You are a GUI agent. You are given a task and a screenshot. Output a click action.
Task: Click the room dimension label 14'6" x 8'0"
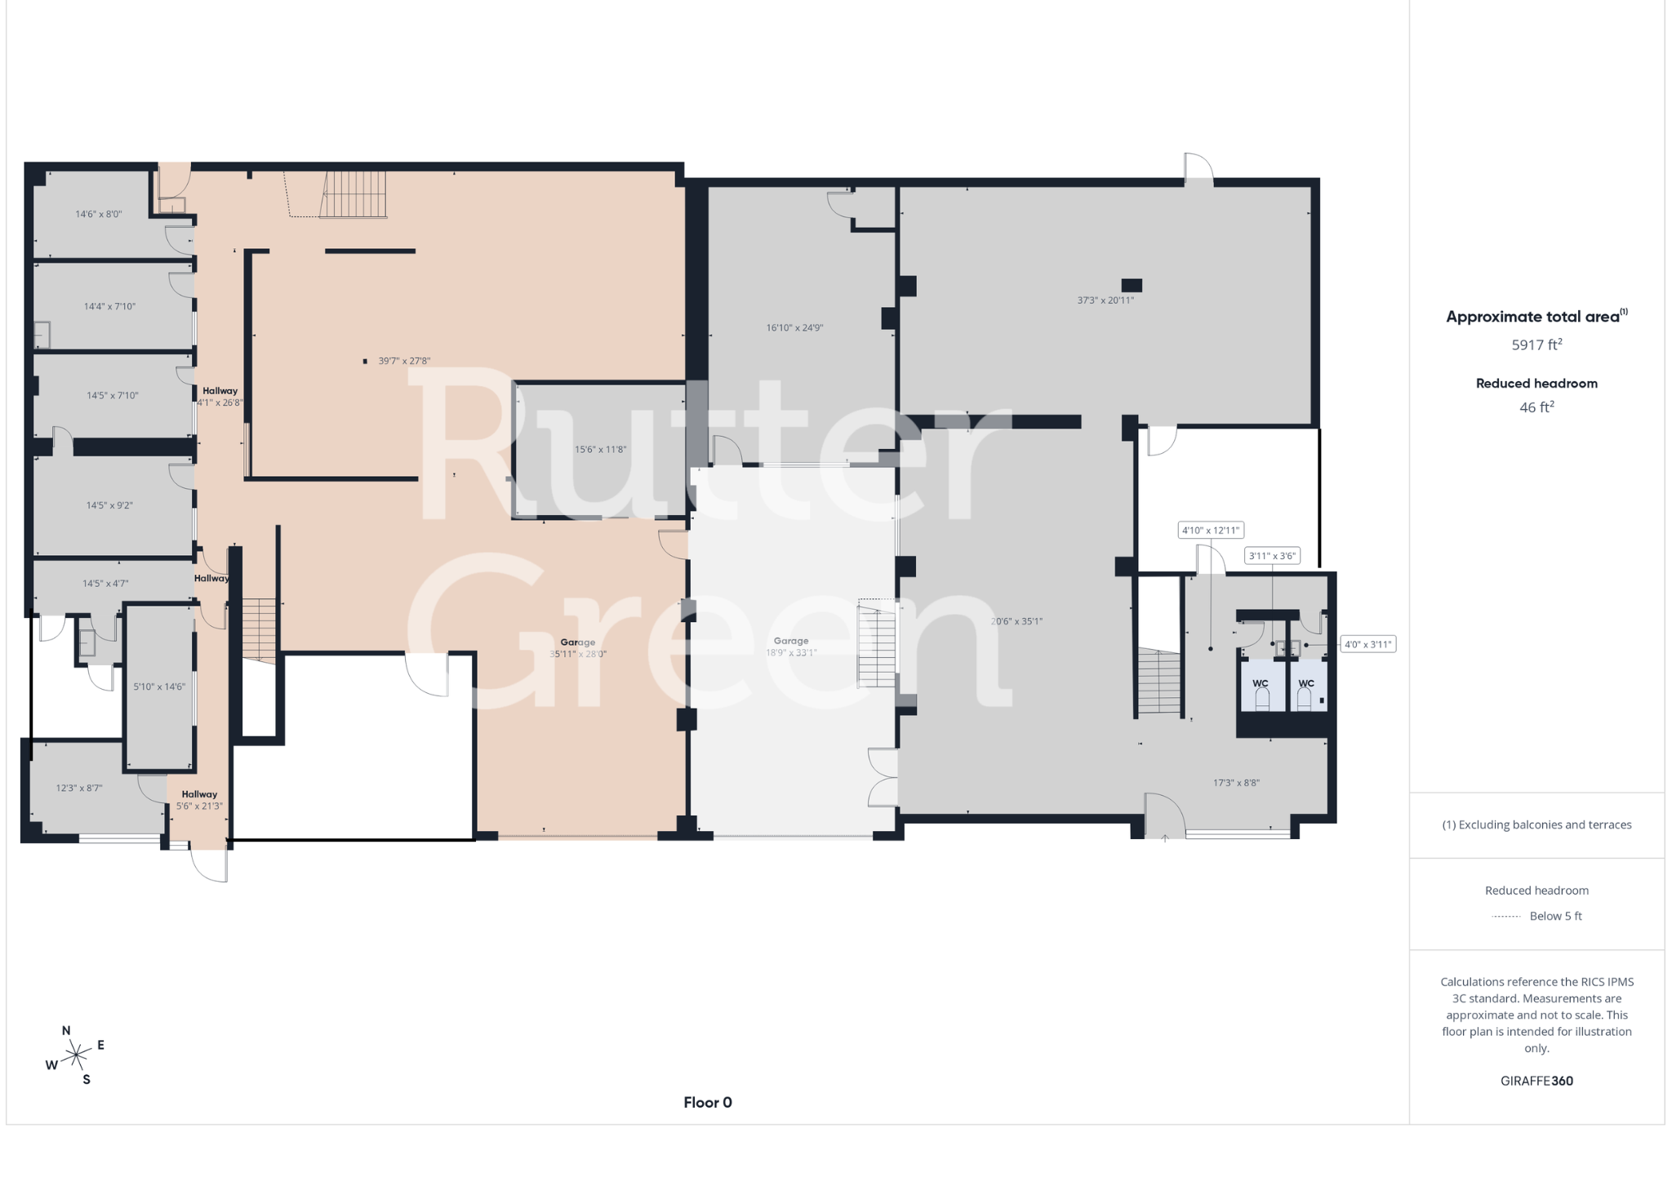click(99, 215)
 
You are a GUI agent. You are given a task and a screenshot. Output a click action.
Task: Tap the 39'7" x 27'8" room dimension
click(404, 361)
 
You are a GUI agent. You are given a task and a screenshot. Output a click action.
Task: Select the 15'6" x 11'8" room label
click(601, 450)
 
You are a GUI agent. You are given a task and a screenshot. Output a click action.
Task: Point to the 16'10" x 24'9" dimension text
click(794, 328)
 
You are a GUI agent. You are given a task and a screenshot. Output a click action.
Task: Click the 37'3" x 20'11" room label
click(1105, 300)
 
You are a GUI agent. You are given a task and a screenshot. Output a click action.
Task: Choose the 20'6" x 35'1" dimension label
click(1016, 621)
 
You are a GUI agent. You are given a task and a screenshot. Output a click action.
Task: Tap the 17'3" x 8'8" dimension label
click(1236, 783)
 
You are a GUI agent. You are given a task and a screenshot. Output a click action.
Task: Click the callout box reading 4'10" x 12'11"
click(1211, 531)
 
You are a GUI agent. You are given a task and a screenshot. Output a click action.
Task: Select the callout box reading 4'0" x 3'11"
click(1367, 644)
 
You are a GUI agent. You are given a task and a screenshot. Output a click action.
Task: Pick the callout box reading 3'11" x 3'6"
click(1272, 556)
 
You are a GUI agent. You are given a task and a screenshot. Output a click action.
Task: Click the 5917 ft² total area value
click(1536, 344)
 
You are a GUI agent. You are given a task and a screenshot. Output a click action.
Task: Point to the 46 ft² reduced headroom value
click(1536, 407)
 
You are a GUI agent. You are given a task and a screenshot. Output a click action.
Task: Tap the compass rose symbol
click(75, 1055)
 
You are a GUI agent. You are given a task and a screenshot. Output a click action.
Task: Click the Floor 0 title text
click(708, 1103)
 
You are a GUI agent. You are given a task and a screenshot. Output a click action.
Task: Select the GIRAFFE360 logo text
click(1536, 1081)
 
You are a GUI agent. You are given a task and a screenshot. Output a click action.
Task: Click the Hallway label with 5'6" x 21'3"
click(199, 800)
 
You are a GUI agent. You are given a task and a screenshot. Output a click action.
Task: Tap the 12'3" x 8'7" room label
click(79, 789)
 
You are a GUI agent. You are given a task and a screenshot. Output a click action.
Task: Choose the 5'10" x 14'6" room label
click(159, 687)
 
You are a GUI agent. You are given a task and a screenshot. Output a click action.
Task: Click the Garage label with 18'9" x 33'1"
click(791, 647)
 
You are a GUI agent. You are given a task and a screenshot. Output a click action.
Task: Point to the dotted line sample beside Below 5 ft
click(1506, 917)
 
